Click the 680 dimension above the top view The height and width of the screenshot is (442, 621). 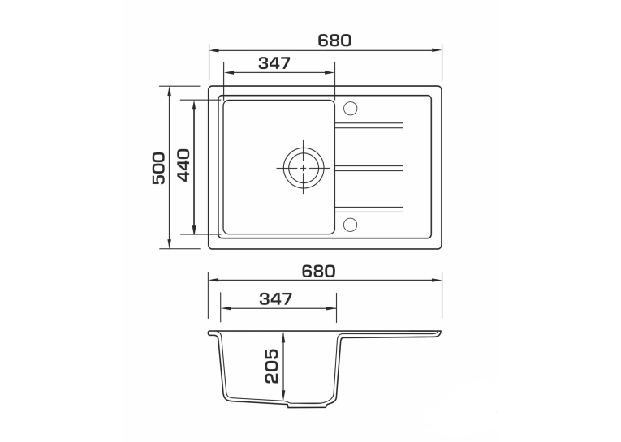334,41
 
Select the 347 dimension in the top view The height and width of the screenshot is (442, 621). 274,63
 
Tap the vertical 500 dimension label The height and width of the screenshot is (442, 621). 158,168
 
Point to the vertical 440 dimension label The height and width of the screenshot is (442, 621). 183,165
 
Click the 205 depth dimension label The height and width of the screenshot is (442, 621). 272,366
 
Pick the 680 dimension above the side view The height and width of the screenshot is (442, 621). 318,271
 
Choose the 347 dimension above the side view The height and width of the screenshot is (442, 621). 276,298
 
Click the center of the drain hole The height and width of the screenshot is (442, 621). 304,168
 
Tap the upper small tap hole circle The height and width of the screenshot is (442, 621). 350,109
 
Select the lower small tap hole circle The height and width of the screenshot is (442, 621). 350,225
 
